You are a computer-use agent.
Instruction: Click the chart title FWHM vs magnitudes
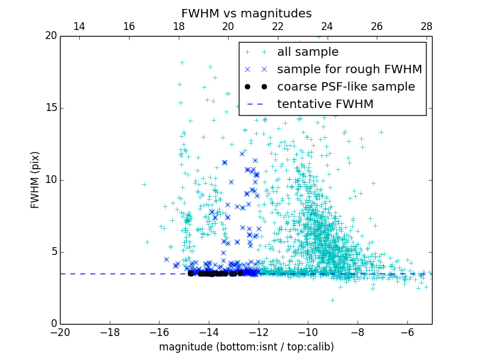(246, 13)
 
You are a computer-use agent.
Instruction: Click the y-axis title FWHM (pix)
(35, 179)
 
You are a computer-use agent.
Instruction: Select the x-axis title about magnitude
(246, 347)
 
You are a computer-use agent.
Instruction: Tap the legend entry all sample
(307, 52)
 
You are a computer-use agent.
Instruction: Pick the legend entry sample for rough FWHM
(349, 70)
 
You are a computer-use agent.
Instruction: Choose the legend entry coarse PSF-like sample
(346, 87)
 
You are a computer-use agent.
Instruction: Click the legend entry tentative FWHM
(325, 104)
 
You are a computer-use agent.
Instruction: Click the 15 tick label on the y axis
(50, 108)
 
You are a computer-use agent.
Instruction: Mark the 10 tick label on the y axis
(50, 180)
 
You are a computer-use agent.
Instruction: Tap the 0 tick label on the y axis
(53, 324)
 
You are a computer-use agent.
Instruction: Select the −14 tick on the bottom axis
(209, 332)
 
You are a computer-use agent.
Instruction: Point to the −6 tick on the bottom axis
(407, 332)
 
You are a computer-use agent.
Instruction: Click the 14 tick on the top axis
(79, 26)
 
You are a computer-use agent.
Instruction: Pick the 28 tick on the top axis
(427, 26)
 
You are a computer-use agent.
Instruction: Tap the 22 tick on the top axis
(278, 26)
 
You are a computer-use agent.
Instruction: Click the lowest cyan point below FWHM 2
(332, 300)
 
